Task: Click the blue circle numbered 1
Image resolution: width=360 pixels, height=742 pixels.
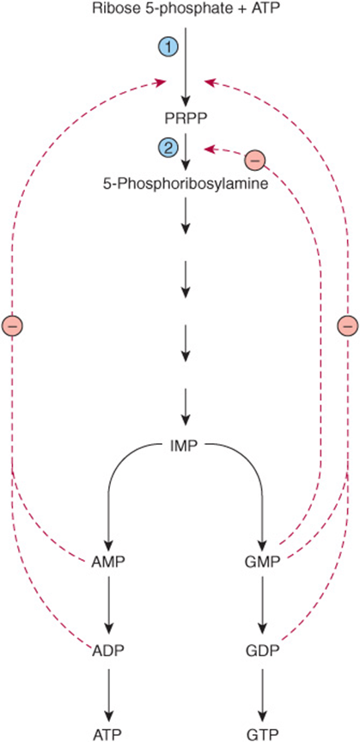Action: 168,47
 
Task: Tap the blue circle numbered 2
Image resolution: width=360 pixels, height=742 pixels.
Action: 168,148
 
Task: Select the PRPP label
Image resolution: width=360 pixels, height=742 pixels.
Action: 186,118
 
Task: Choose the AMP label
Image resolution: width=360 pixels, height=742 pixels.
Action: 109,563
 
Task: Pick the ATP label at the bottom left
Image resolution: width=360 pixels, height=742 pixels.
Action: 109,734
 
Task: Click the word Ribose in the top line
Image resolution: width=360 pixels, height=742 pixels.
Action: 109,9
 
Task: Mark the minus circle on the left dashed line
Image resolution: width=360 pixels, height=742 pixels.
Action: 12,325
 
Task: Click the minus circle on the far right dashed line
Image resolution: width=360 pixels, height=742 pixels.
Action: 348,325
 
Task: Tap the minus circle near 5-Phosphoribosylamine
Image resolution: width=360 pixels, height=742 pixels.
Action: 255,161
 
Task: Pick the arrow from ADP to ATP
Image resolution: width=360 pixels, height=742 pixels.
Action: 109,690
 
